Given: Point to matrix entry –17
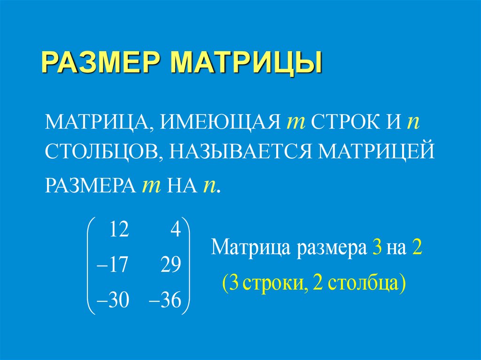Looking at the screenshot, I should tap(111, 266).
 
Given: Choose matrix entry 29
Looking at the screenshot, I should tap(170, 266).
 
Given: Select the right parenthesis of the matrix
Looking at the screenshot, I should tap(187, 266).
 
